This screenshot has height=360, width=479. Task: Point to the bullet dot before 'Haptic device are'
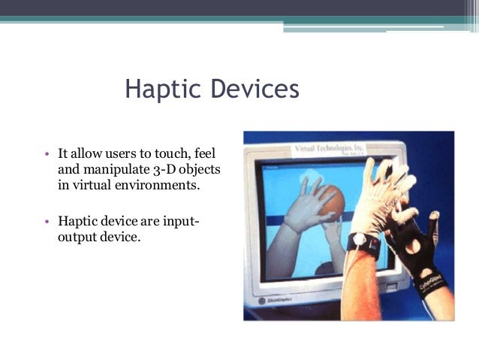[47, 222]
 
